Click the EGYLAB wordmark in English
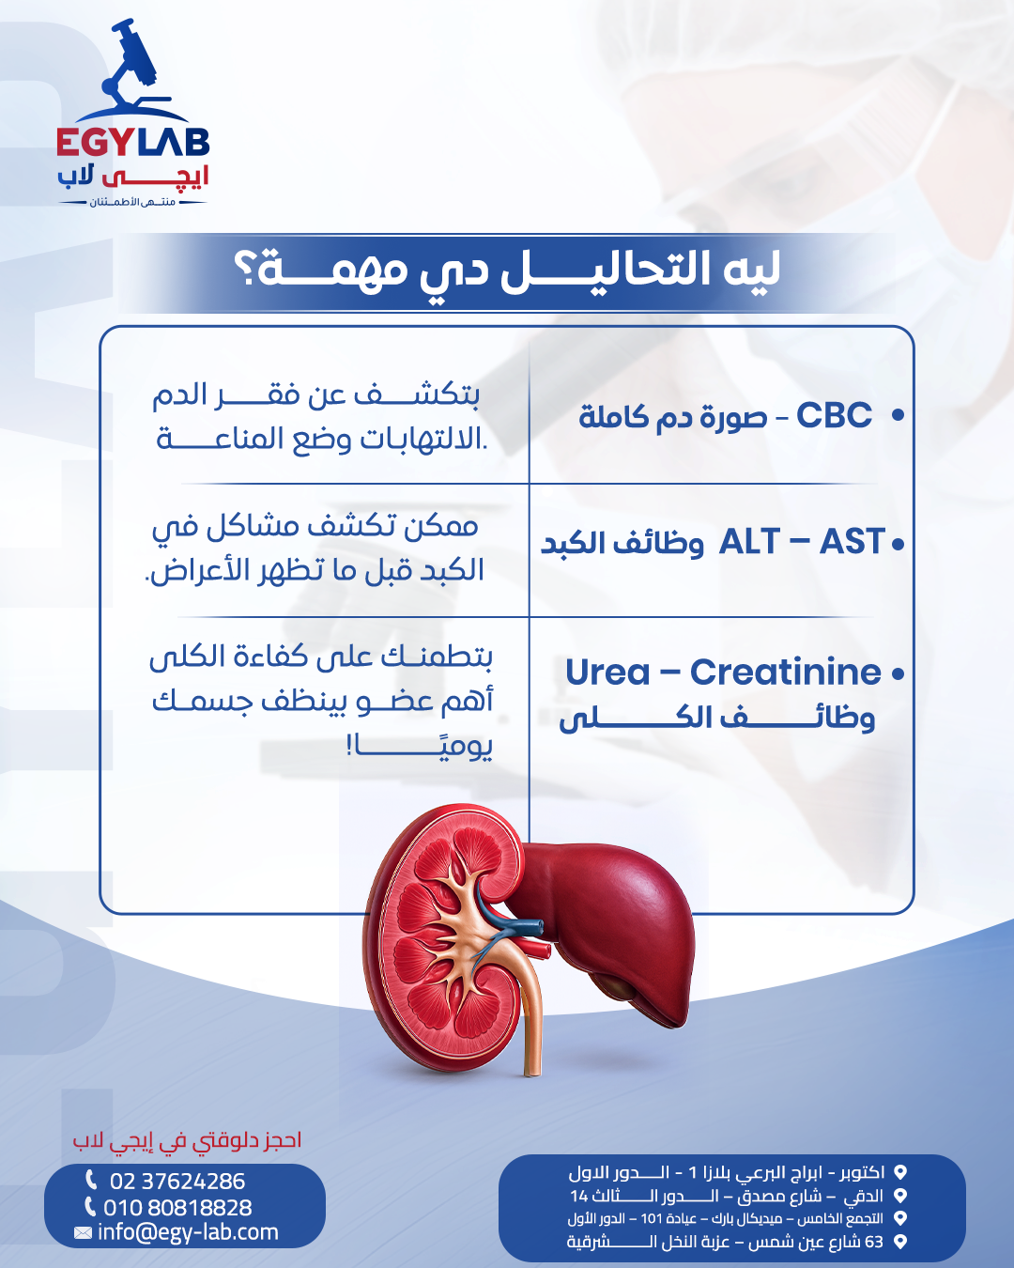tap(133, 143)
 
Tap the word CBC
tap(834, 415)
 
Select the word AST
tap(852, 542)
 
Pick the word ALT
tap(749, 542)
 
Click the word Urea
tap(607, 672)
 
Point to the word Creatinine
tap(786, 672)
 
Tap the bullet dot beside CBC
tap(898, 415)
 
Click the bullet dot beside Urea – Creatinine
tap(898, 674)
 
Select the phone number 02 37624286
tap(177, 1182)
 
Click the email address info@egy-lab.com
tap(188, 1232)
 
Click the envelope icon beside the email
tap(83, 1232)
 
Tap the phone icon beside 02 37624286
tap(91, 1181)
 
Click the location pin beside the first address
tap(900, 1172)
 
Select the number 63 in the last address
tap(873, 1242)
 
